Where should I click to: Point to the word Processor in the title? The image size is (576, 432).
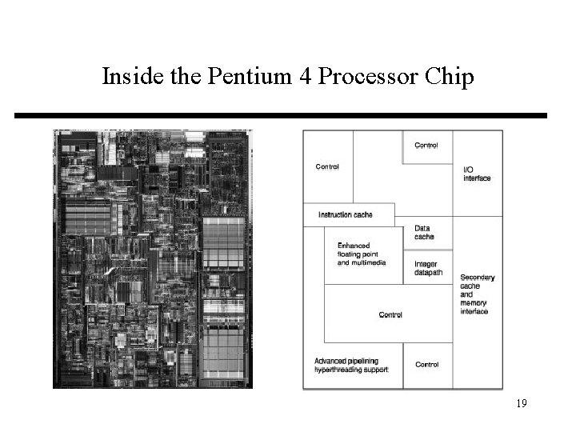click(x=365, y=78)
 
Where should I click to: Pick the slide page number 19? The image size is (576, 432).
click(x=521, y=404)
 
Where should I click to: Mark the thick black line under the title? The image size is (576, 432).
click(x=280, y=116)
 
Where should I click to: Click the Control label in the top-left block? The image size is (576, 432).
click(x=327, y=167)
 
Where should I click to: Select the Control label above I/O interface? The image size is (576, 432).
click(x=426, y=146)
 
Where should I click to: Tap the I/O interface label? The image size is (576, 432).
click(x=477, y=174)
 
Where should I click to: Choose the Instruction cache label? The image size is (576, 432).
click(x=345, y=214)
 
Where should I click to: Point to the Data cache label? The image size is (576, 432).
click(x=424, y=233)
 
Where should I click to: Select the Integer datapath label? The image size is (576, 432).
click(x=427, y=269)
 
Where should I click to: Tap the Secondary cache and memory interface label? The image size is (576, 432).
click(x=477, y=294)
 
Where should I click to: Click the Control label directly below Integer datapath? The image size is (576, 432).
click(x=390, y=315)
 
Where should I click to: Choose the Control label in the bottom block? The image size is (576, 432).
click(x=426, y=365)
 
